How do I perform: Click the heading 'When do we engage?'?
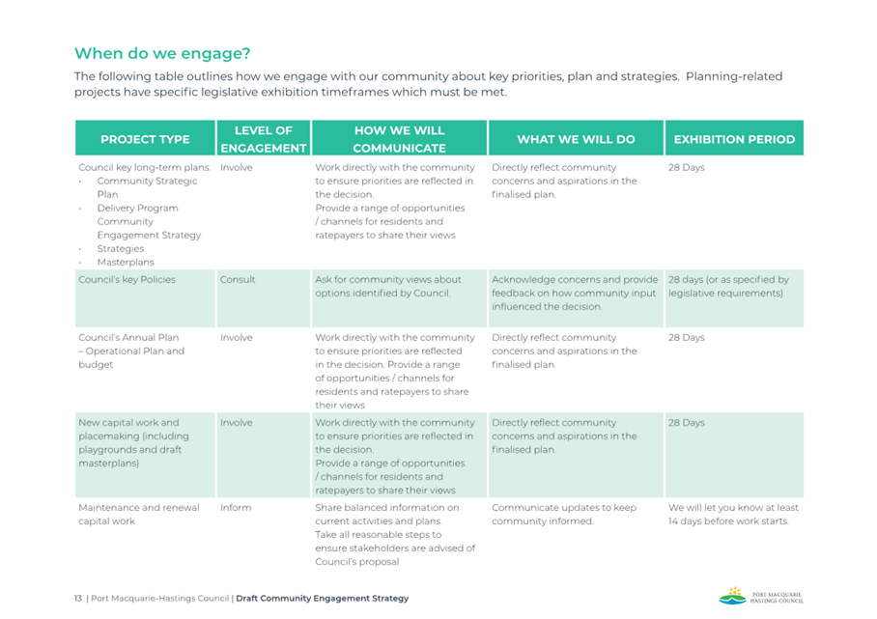coord(162,54)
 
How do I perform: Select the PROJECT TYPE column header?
coord(145,139)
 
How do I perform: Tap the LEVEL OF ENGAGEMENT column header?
coord(264,139)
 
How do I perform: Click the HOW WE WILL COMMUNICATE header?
coord(399,139)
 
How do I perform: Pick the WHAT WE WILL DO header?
coord(576,139)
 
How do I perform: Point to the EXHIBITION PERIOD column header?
coord(734,139)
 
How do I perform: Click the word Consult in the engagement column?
coord(238,280)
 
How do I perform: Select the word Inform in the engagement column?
coord(236,508)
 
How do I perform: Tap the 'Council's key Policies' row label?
coord(127,280)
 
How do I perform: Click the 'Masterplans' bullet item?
coord(126,263)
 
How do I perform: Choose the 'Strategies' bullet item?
coord(121,249)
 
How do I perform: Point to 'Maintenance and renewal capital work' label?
coord(139,515)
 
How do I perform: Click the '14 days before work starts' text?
coord(728,521)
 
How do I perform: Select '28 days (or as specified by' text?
coord(728,280)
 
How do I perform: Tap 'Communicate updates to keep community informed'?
coord(564,515)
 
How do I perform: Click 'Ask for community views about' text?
coord(388,280)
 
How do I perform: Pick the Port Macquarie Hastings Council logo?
coord(761,596)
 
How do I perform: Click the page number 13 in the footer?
coord(77,599)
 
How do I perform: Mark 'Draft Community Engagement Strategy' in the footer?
coord(323,599)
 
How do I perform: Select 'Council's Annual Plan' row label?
coord(128,338)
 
